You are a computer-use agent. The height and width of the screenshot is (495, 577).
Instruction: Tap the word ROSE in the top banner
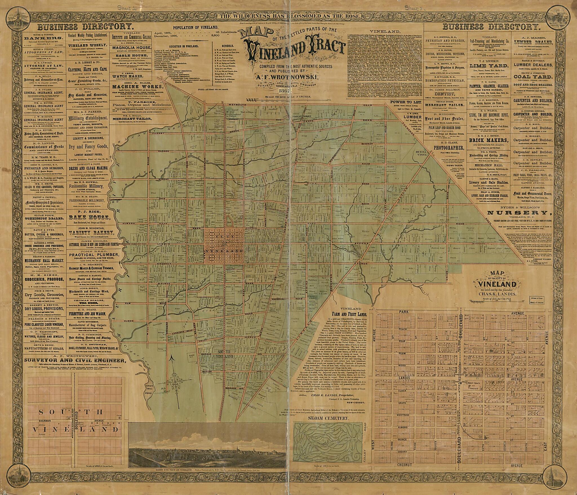click(x=352, y=16)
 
